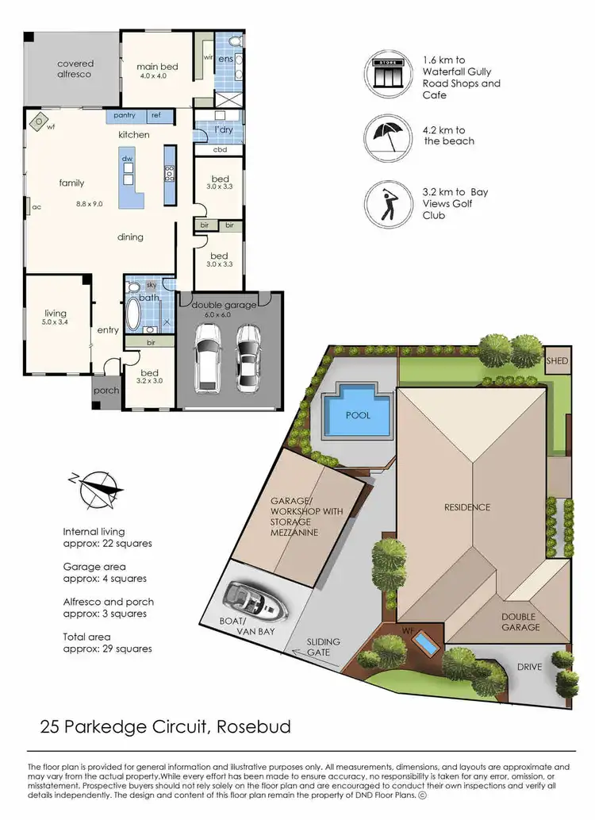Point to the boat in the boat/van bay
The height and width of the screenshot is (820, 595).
point(255,601)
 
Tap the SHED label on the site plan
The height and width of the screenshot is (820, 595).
point(557,360)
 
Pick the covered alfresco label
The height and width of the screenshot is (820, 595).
point(75,68)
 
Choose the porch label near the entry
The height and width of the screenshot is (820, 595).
point(106,391)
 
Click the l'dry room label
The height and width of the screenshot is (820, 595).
point(215,129)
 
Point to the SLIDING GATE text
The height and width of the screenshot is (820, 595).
point(323,647)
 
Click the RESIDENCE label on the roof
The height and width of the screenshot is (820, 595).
point(467,507)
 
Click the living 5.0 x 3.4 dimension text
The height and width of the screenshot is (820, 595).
point(56,323)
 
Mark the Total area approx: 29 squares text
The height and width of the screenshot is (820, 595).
point(107,642)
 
